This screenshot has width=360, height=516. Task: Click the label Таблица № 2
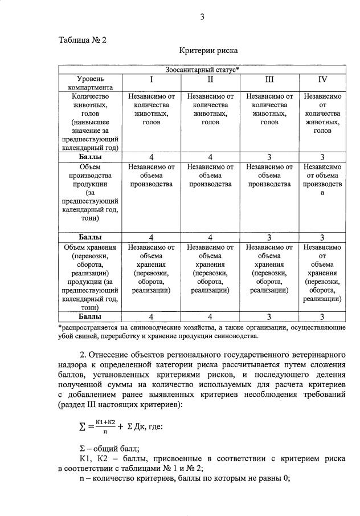click(83, 40)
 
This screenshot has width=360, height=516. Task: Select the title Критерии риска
click(208, 51)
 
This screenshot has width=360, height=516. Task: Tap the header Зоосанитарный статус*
click(202, 70)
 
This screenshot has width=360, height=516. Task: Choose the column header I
click(151, 79)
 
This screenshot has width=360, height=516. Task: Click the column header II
click(210, 79)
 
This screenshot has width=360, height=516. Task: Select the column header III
click(269, 79)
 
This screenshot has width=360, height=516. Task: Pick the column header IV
click(322, 79)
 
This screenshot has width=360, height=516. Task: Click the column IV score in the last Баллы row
click(322, 316)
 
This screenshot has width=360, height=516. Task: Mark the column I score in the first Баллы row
click(151, 157)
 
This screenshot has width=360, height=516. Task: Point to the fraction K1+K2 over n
click(106, 425)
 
